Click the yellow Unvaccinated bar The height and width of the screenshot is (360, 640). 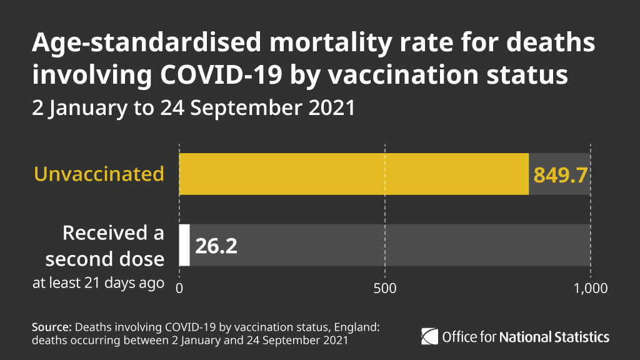[353, 174]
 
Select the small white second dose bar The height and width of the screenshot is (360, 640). [184, 245]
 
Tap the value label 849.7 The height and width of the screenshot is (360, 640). [560, 175]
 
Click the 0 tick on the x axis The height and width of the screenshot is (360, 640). [179, 289]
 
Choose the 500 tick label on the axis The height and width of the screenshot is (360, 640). [384, 289]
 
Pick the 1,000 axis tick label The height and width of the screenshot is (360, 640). [590, 289]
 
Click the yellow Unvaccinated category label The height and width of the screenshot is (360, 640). [99, 174]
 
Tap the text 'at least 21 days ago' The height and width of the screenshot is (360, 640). [98, 283]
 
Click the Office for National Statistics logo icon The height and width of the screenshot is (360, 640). [429, 336]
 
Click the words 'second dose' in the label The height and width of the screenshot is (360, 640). [104, 259]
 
